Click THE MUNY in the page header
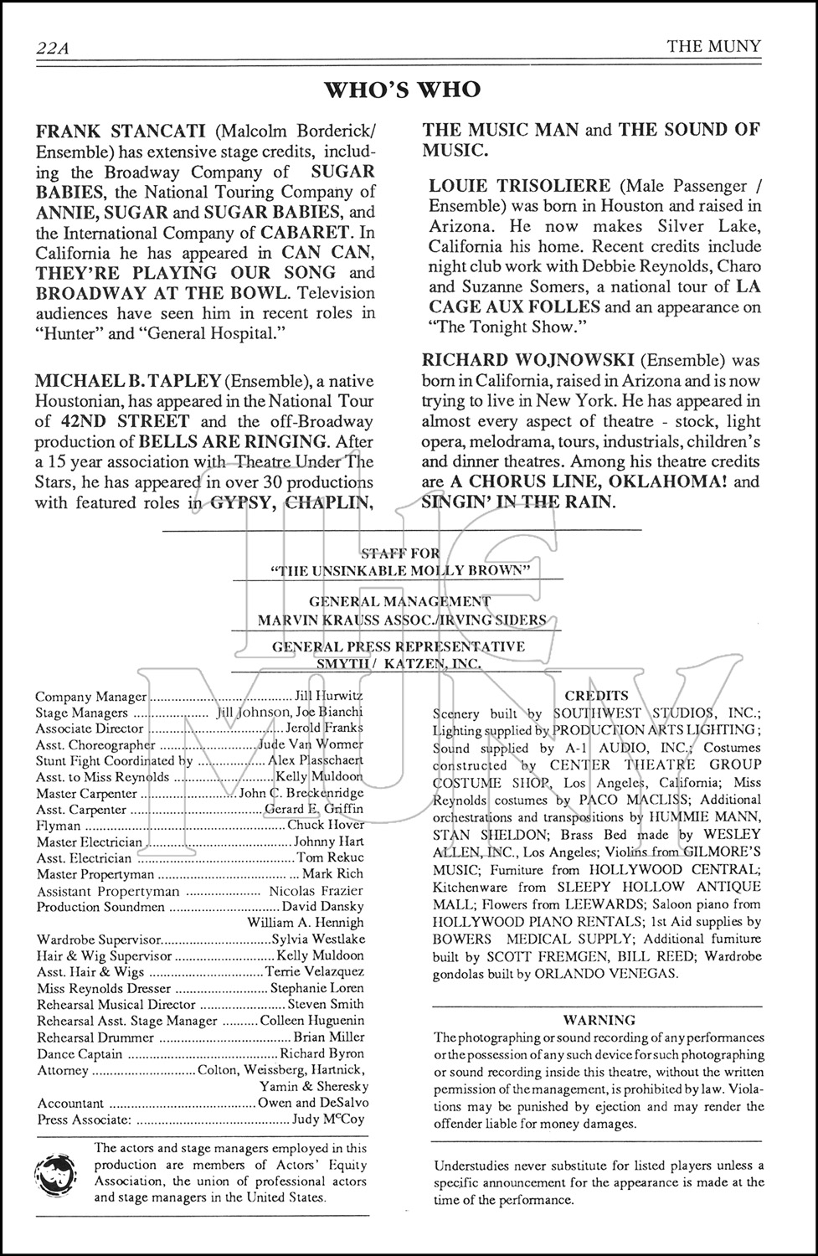714,46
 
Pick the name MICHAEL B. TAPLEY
126,380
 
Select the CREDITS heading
597,696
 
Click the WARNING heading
599,1020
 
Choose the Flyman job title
59,826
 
